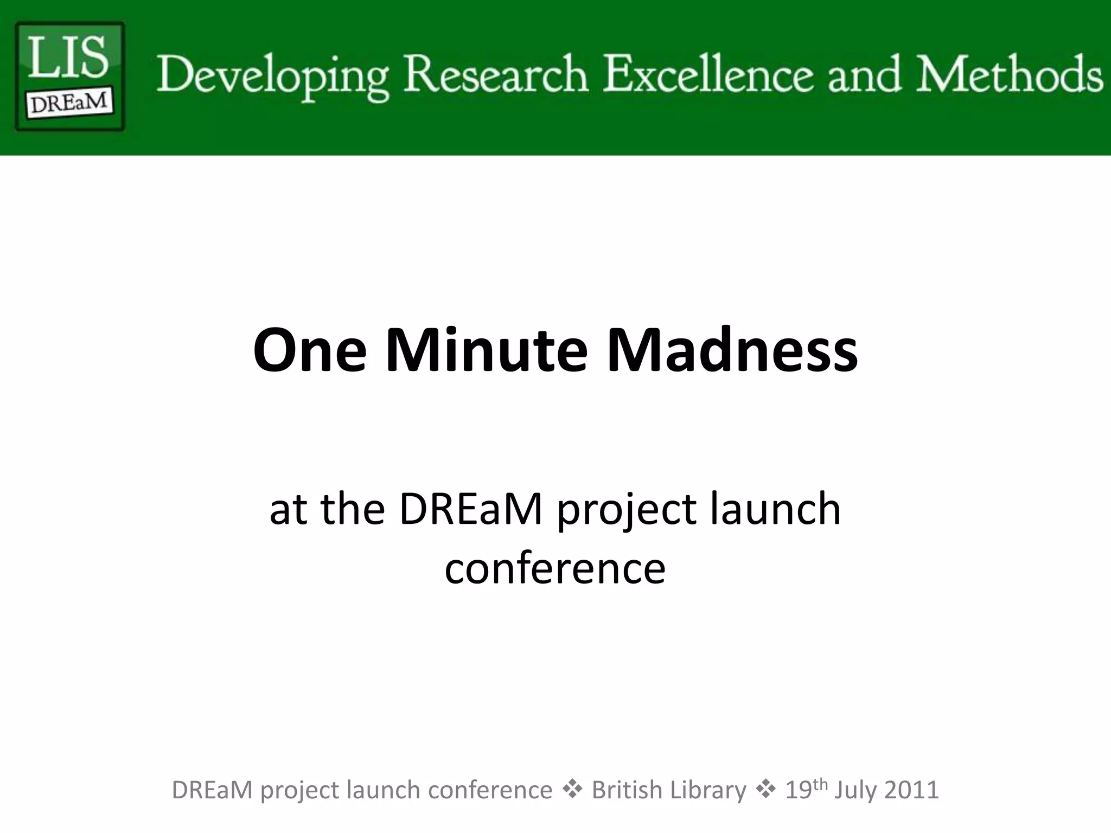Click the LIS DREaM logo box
[x=70, y=76]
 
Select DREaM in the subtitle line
[x=471, y=509]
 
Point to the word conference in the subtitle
[x=555, y=569]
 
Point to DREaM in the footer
[x=212, y=790]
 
